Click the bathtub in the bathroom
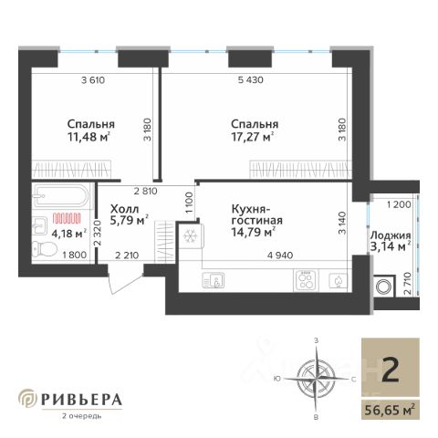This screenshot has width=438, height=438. coord(61,195)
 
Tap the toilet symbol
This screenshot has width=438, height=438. coord(45,249)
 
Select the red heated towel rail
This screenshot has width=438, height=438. coord(67,218)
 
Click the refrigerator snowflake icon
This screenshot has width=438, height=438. coord(191,236)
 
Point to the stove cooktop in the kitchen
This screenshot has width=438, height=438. coord(306,280)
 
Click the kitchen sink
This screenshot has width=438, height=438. coord(214,280)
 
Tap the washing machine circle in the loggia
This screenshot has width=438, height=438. coord(383,287)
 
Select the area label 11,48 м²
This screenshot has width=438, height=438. coord(89,137)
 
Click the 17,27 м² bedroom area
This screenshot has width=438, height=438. coord(252,137)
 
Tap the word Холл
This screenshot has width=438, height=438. coord(124,209)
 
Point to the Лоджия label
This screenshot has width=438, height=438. coord(391,235)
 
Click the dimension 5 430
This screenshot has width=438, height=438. coord(251,80)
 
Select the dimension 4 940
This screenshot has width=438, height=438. coord(280,255)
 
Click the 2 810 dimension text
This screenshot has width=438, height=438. coord(146,191)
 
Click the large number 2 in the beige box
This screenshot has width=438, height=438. coord(391,370)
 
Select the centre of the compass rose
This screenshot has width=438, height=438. coord(317,379)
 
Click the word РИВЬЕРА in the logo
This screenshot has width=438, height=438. coord(81,400)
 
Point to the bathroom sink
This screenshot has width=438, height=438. coord(39,225)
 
